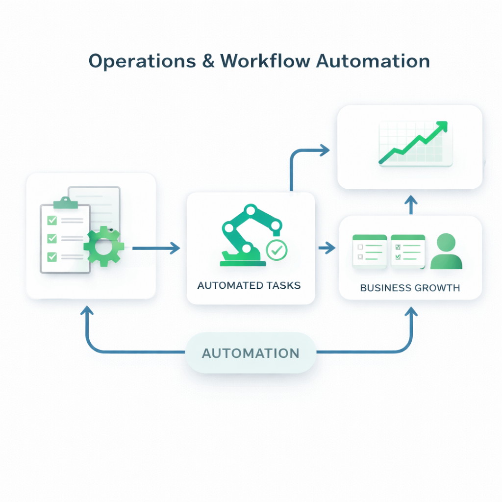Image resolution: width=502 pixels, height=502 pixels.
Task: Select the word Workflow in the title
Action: pos(264,61)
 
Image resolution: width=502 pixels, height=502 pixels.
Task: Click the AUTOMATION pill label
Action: pos(251,353)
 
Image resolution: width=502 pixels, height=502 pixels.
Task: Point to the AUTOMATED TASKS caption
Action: pos(249,285)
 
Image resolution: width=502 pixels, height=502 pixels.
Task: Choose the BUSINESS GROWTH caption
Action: pos(410,288)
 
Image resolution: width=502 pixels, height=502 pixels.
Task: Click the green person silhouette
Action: pos(446,252)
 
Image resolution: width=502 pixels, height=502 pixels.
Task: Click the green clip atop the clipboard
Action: pos(63,203)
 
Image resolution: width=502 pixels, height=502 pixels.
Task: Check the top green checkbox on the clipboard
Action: pos(52,220)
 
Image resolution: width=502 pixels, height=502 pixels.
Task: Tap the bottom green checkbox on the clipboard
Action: pos(52,256)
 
